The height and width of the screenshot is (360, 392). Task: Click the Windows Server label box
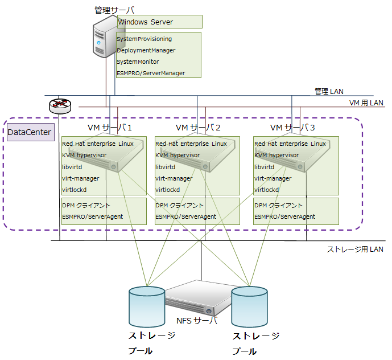[159, 22]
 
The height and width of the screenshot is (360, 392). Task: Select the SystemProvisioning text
[144, 39]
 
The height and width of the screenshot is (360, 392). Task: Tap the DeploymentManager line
[146, 51]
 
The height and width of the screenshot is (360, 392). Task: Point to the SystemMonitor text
[138, 62]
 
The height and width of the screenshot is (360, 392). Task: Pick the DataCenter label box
[30, 133]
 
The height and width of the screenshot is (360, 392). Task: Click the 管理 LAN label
[329, 91]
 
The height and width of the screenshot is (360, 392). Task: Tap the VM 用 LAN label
[366, 103]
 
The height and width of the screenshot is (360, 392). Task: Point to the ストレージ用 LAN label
[355, 249]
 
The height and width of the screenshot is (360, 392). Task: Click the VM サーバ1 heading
[109, 127]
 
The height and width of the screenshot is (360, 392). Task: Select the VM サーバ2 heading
[198, 127]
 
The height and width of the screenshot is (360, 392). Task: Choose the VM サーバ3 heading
[292, 127]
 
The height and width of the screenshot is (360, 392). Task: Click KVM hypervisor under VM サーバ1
[84, 155]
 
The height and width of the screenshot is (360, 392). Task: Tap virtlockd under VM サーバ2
[168, 190]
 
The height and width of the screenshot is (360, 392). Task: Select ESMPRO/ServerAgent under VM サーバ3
[284, 217]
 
